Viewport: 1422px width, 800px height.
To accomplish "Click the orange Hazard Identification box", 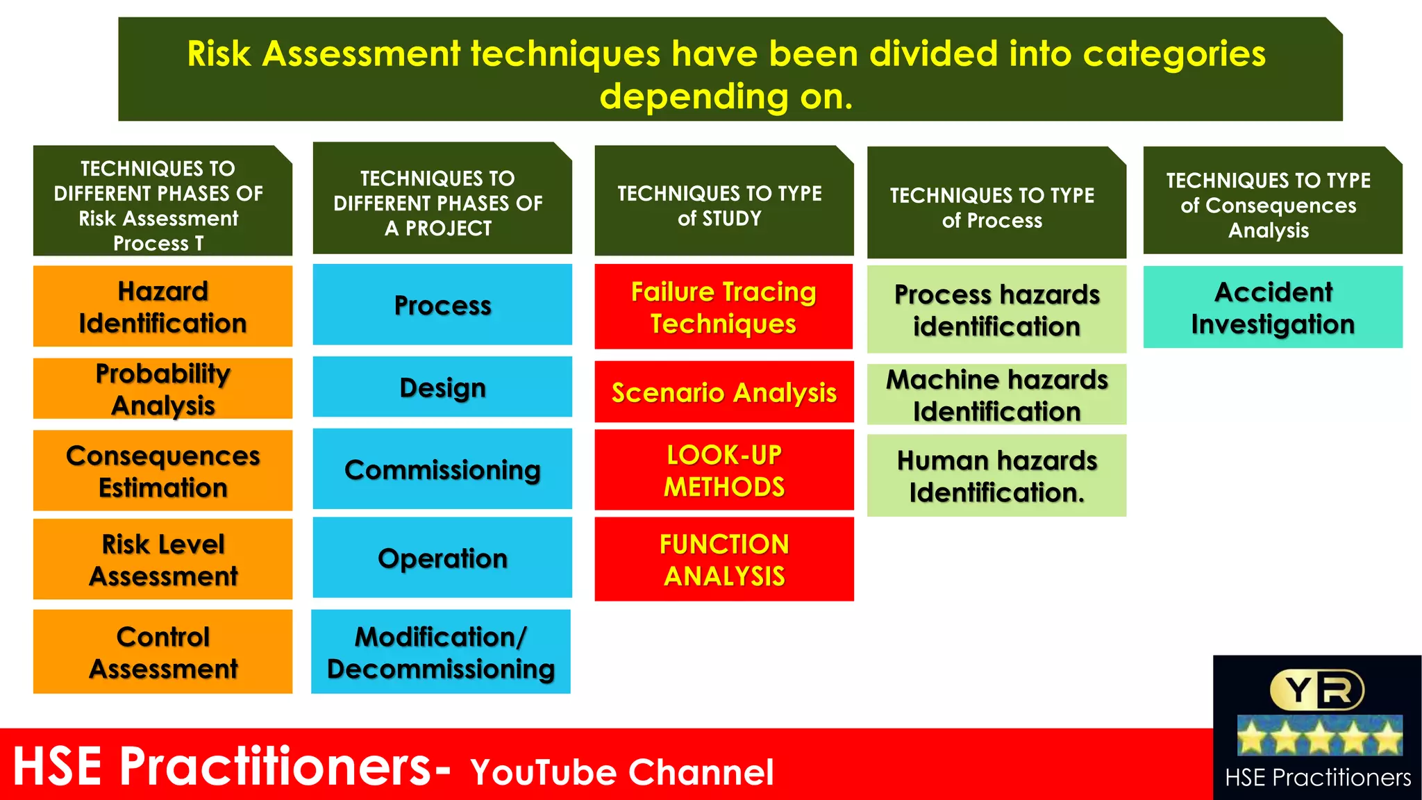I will (162, 306).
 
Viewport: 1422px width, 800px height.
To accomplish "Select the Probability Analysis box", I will (162, 389).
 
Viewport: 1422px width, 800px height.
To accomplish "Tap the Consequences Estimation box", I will (162, 471).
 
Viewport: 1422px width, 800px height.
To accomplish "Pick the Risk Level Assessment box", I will (162, 559).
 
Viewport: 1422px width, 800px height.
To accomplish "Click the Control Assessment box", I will (162, 651).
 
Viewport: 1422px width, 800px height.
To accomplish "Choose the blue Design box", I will (442, 387).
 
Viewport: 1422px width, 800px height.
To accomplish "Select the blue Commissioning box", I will (442, 469).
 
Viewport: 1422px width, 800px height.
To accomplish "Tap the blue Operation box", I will (442, 557).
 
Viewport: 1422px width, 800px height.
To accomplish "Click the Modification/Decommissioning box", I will (441, 651).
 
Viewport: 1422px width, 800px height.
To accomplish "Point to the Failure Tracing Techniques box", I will (723, 306).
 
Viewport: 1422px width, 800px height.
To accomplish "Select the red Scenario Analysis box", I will (723, 392).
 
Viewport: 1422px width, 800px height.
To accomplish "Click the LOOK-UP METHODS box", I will (723, 470).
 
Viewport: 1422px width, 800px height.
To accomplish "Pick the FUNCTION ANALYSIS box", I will (723, 559).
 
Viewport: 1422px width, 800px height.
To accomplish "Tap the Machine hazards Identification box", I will (996, 394).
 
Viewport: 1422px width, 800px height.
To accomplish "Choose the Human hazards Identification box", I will (996, 476).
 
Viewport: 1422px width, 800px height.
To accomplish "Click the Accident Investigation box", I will (1272, 307).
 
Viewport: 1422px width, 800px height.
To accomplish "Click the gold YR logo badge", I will (1316, 690).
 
